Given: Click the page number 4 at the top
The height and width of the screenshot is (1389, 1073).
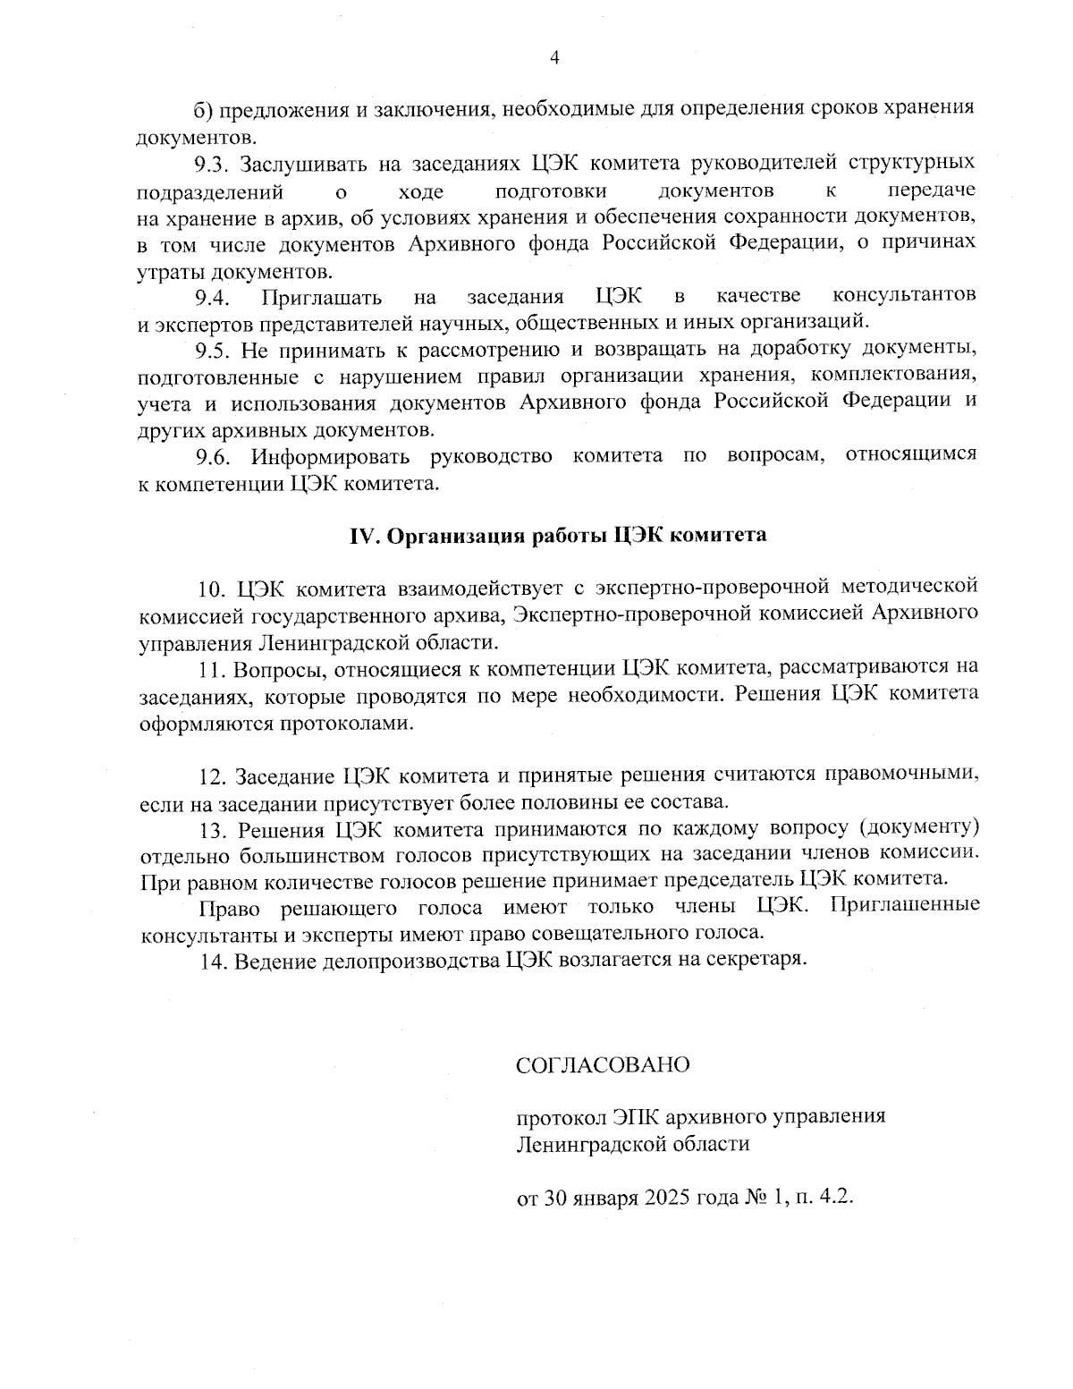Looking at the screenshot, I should [554, 58].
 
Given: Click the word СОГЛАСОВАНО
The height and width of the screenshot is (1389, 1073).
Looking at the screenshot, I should [604, 1065].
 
